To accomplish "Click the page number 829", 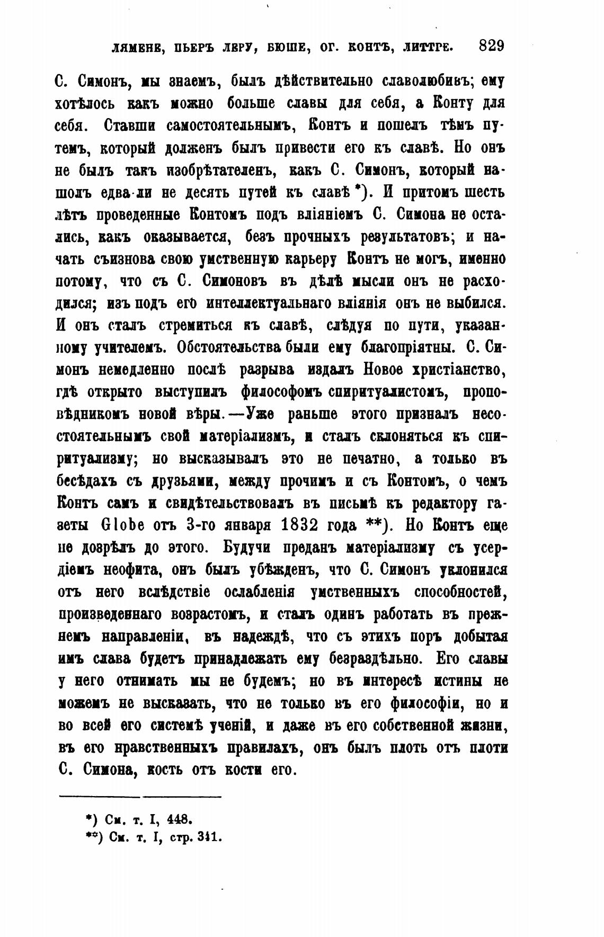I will (491, 46).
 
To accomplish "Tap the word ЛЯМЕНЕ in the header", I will (135, 48).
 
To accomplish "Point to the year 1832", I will (290, 526).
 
